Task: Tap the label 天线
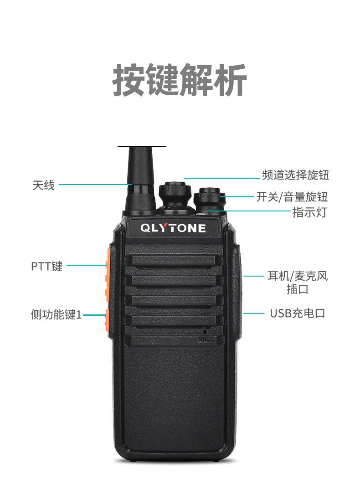coord(44,185)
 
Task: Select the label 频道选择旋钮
coord(295,175)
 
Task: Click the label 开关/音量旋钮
coord(292,197)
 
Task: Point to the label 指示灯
coord(309,212)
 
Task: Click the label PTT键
coord(46,266)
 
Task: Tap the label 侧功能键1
coord(56,314)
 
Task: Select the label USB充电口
coord(297,313)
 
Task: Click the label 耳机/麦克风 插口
coord(297,282)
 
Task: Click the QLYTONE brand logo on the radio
coord(173,228)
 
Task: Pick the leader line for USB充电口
coord(253,313)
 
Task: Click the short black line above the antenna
coord(142,147)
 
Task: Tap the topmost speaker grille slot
coord(174,260)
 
